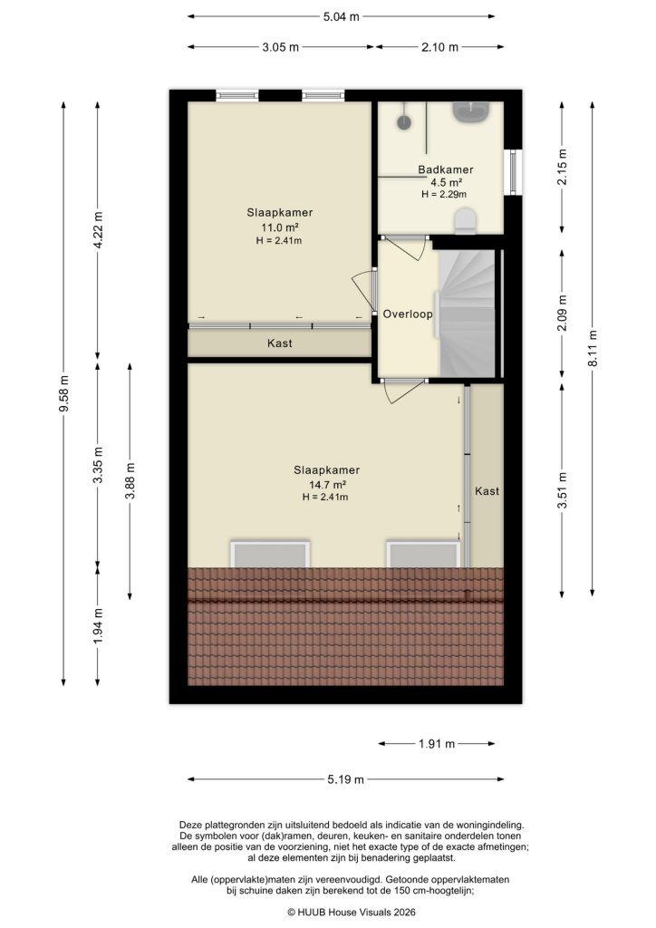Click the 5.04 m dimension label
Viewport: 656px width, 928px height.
[x=342, y=16]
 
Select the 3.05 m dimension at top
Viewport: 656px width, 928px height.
[x=281, y=48]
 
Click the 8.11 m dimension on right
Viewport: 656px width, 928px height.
[x=593, y=349]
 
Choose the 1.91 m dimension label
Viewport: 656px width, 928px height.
[x=437, y=744]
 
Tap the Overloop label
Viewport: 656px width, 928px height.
[x=407, y=314]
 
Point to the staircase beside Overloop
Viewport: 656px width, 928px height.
[x=468, y=314]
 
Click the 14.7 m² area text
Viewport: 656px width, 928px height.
[x=326, y=484]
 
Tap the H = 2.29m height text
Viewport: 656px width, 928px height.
[x=444, y=194]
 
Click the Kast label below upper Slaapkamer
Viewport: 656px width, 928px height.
[x=279, y=343]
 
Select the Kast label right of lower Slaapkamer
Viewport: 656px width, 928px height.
[x=487, y=490]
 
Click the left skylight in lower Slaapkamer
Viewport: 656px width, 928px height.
[x=271, y=554]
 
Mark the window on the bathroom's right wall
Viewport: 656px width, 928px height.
[x=515, y=171]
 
